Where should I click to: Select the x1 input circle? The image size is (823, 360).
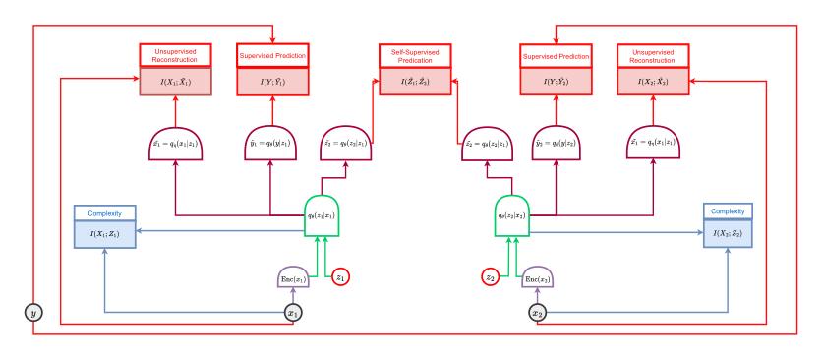(x=292, y=313)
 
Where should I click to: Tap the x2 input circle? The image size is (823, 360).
(x=537, y=313)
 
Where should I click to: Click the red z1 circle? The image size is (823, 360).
(x=340, y=277)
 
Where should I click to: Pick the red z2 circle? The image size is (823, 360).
(x=489, y=277)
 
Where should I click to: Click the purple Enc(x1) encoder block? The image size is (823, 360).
(x=292, y=280)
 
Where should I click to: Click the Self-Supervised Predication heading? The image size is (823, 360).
(x=414, y=54)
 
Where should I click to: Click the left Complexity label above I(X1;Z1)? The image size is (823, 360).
(x=104, y=211)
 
